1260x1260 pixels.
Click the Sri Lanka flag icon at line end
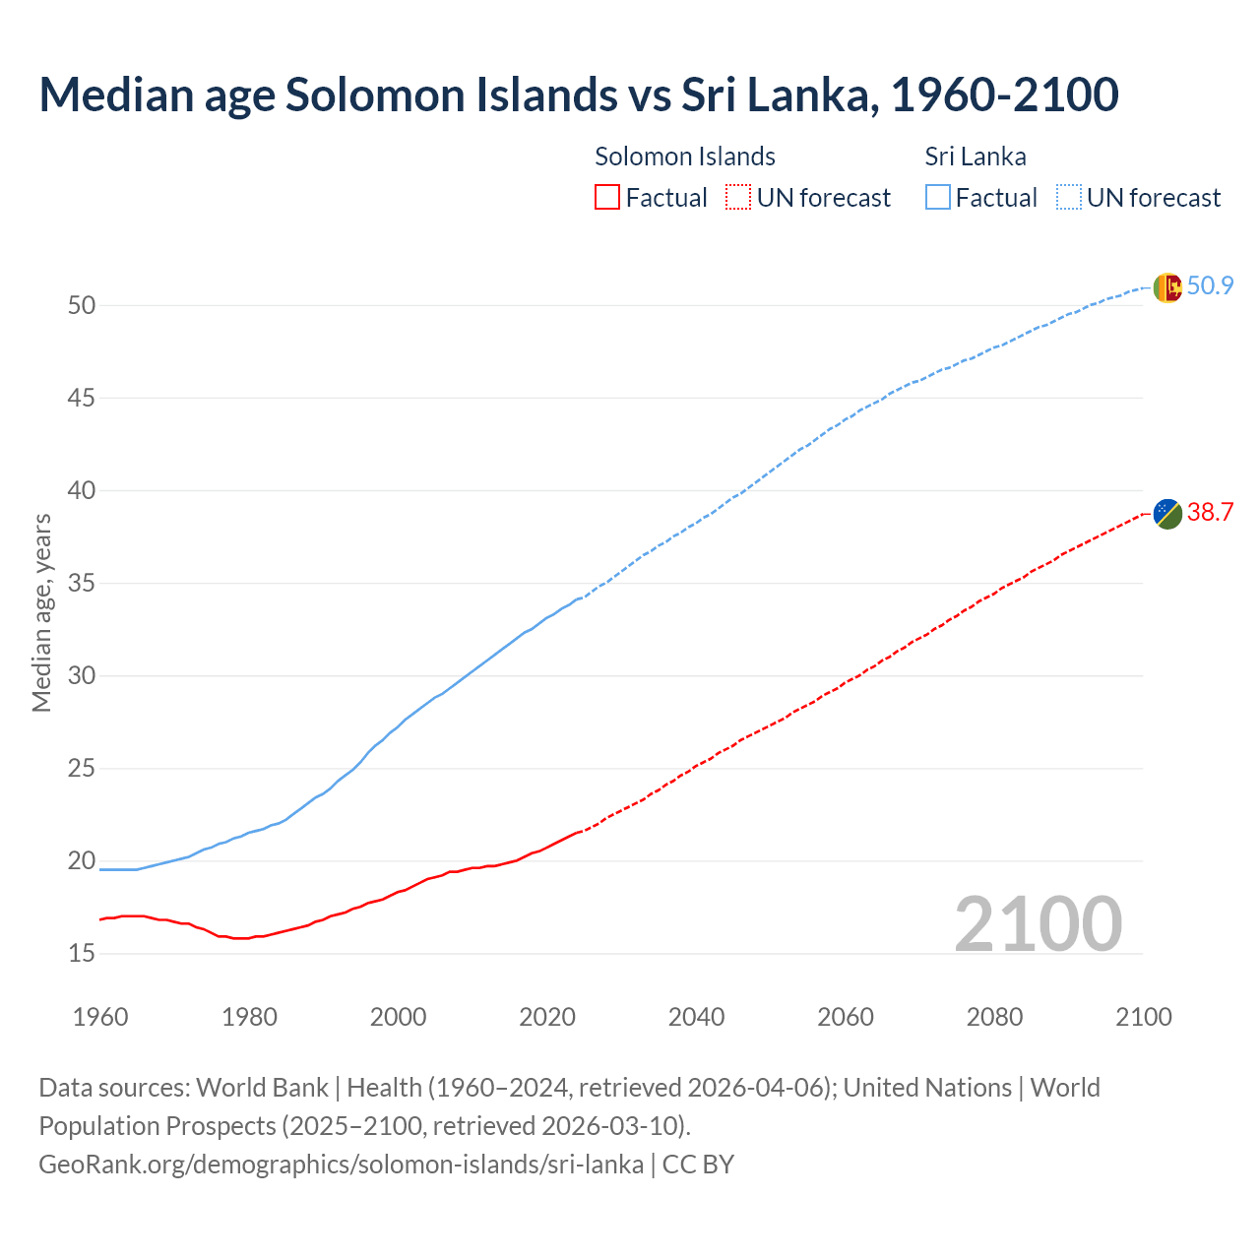coord(1167,287)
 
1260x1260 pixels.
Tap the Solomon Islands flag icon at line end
coord(1167,513)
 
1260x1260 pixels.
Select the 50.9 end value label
coord(1210,286)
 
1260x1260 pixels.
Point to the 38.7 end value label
coord(1210,513)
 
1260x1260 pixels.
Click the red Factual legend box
coord(607,198)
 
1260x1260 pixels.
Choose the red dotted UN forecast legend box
coord(738,198)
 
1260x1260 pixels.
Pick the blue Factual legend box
coord(938,198)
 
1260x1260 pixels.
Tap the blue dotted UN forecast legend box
coord(1069,198)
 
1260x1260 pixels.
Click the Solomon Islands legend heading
coord(685,157)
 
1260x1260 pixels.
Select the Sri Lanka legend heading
coord(976,157)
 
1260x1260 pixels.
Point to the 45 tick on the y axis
coord(82,399)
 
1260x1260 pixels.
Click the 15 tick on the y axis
coord(82,954)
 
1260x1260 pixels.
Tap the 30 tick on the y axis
coord(82,676)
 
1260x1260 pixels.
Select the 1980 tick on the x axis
coord(249,1017)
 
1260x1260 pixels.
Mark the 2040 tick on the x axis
coord(696,1017)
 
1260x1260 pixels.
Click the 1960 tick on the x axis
coord(100,1017)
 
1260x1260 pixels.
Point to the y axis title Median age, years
coord(41,612)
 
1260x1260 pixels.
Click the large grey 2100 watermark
coord(1039,923)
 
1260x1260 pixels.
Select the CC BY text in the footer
coord(698,1165)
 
